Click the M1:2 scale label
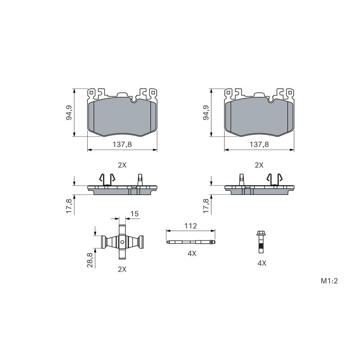pyautogui.click(x=329, y=281)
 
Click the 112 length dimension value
pyautogui.click(x=190, y=226)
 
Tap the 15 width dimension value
pyautogui.click(x=134, y=214)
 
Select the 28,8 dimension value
pyautogui.click(x=90, y=260)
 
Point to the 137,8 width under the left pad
pyautogui.click(x=122, y=144)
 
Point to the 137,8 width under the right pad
pyautogui.click(x=259, y=144)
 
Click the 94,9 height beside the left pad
pyautogui.click(x=69, y=112)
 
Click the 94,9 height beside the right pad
pyautogui.click(x=206, y=112)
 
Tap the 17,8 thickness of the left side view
pyautogui.click(x=69, y=206)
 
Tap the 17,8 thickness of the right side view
pyautogui.click(x=206, y=206)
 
